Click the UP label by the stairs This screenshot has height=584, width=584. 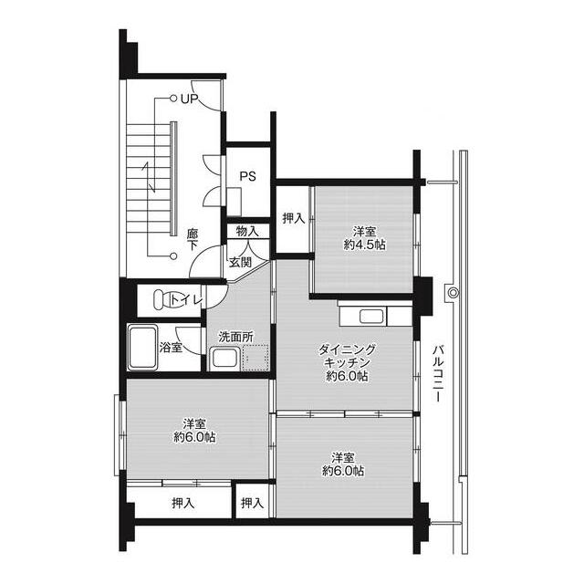tap(190, 99)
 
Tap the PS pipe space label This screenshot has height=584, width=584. tap(247, 176)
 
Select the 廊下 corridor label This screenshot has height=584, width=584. tap(193, 239)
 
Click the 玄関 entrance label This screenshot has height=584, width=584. tap(240, 262)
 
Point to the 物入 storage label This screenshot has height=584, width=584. tap(247, 231)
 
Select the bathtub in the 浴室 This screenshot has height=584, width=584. tap(142, 348)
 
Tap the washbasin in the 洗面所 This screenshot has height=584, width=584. tap(224, 359)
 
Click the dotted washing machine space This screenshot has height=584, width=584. tap(255, 358)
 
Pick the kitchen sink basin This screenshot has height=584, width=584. tap(371, 317)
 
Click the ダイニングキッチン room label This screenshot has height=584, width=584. tap(347, 356)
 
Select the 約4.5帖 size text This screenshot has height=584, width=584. tap(365, 245)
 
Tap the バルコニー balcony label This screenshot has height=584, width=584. tap(438, 373)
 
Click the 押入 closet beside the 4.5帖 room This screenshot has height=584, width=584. tap(294, 218)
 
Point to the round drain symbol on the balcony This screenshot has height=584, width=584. tap(453, 293)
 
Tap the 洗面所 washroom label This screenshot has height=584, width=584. tap(236, 337)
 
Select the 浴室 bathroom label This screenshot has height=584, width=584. tap(171, 348)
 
